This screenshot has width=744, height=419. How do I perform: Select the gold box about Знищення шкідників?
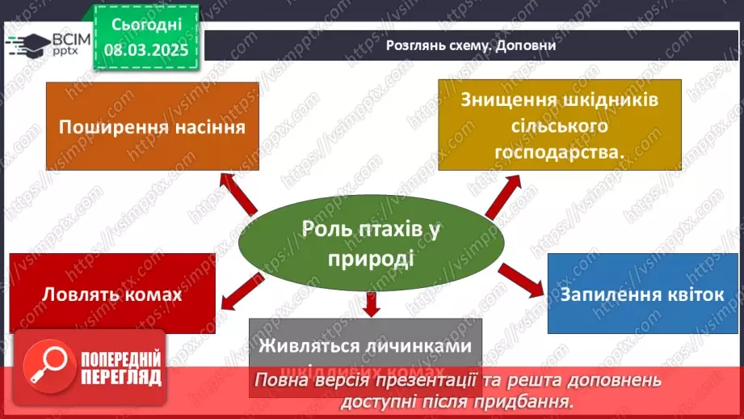click(x=560, y=125)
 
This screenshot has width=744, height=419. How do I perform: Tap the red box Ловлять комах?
click(x=112, y=294)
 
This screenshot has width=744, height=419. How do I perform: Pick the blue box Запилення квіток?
click(x=643, y=293)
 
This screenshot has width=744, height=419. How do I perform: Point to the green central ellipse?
click(x=372, y=243)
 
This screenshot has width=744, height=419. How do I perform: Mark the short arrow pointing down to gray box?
click(x=372, y=303)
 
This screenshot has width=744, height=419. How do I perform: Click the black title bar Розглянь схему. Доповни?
click(x=471, y=45)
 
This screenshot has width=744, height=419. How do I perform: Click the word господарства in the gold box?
click(x=560, y=151)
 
